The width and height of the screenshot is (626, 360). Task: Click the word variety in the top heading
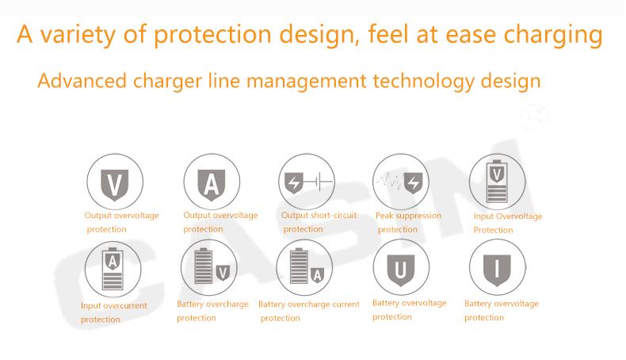[78, 35]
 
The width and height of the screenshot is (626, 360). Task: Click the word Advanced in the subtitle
[82, 81]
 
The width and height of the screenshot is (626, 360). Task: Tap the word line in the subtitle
[224, 81]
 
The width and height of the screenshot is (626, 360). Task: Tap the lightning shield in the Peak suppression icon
[413, 183]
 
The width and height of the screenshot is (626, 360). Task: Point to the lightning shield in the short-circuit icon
[294, 183]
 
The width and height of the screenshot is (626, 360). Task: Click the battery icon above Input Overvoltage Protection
[497, 182]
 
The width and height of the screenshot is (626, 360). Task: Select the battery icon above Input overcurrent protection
[113, 269]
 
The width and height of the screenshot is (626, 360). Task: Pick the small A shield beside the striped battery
[318, 275]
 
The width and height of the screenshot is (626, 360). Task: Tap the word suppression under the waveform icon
[419, 216]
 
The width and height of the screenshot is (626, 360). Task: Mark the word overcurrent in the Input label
[125, 305]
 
